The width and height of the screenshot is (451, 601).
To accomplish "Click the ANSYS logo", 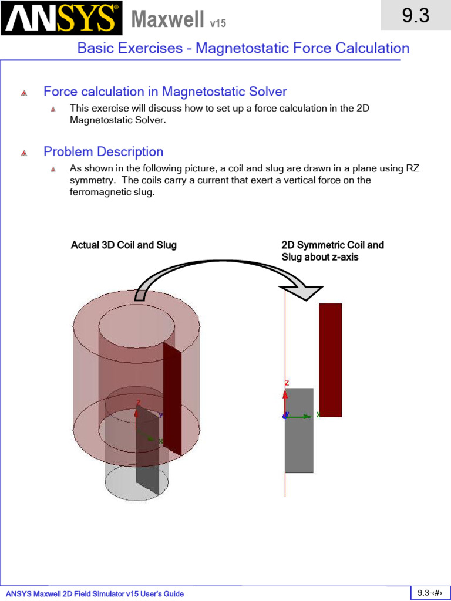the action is click(61, 18).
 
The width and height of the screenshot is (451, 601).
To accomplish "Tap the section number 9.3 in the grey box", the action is click(416, 15).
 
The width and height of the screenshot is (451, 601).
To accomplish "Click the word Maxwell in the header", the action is click(167, 19).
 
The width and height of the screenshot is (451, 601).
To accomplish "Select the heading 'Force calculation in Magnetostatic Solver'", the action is click(165, 92).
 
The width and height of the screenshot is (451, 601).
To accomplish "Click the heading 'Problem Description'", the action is click(103, 151).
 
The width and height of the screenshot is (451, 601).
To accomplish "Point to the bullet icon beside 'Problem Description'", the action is click(24, 153).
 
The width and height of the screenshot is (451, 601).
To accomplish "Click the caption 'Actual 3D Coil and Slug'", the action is click(124, 245).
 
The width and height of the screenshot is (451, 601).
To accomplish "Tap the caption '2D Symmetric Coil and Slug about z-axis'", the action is click(332, 251).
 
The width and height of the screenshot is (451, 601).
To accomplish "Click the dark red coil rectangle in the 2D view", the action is click(330, 360).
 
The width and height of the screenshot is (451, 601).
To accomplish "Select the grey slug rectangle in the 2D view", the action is click(299, 430).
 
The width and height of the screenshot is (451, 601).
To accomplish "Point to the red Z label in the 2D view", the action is click(287, 383).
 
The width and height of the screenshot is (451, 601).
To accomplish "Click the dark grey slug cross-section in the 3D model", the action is click(147, 450).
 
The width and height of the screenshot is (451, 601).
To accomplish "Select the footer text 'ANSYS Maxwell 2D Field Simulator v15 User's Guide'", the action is click(95, 594).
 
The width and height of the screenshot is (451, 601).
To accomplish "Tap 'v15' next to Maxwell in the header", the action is click(218, 23).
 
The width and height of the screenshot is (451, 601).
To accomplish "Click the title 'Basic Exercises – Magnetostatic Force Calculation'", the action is click(243, 48).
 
